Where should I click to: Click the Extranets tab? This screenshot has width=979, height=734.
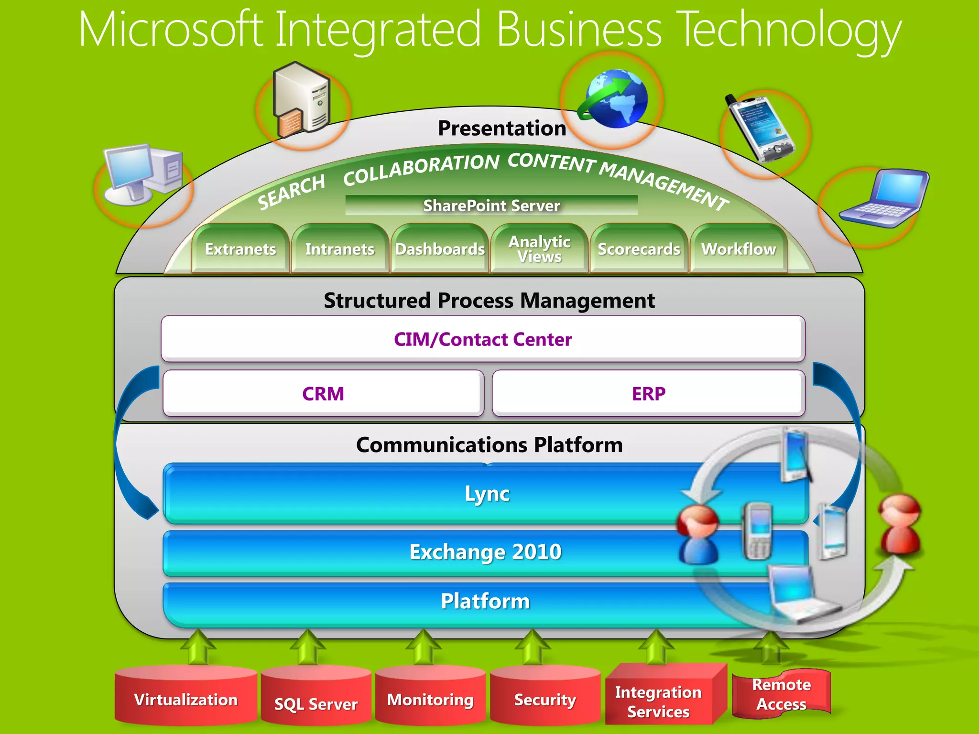(240, 249)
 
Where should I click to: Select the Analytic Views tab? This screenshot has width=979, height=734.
(539, 249)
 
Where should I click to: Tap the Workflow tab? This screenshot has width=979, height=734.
(739, 249)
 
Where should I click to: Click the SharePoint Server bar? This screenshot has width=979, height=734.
(491, 205)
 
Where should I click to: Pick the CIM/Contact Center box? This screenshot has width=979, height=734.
(483, 339)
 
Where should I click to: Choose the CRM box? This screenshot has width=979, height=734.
(323, 394)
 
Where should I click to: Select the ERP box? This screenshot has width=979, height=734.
(648, 394)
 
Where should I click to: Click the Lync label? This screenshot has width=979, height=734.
(487, 494)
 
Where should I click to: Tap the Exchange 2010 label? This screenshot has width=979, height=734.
(485, 552)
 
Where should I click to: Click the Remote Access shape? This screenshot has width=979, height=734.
(781, 694)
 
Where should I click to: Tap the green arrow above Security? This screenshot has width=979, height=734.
(533, 648)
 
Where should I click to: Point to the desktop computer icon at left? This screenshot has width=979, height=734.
(142, 174)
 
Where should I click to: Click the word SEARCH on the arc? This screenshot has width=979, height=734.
(291, 192)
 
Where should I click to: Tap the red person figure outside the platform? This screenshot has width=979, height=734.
(900, 525)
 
